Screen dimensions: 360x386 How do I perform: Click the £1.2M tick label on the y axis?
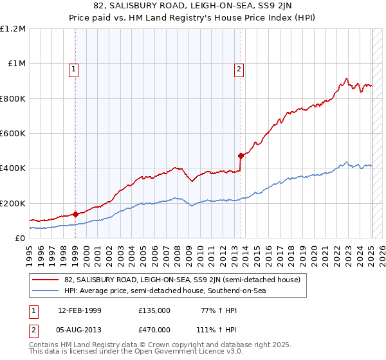click(x=13, y=28)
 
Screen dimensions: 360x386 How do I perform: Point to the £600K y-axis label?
click(x=13, y=133)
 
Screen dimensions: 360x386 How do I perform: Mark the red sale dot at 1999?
click(x=75, y=214)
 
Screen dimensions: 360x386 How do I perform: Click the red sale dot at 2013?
click(x=241, y=156)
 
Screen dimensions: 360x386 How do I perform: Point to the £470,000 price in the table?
click(x=154, y=329)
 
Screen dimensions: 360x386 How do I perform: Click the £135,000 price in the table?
click(x=154, y=310)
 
